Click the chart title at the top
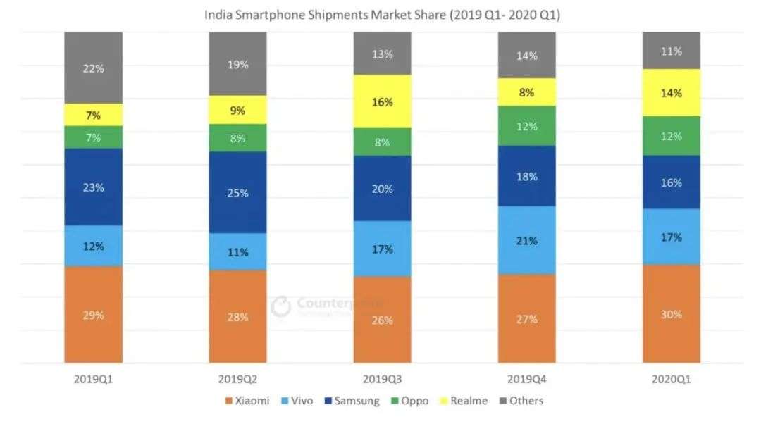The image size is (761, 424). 381,15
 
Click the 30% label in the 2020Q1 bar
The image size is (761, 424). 671,314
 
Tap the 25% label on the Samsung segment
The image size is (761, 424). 238,192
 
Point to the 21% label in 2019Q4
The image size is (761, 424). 526,240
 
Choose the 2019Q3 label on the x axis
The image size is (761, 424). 382,378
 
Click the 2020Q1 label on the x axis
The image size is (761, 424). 671,378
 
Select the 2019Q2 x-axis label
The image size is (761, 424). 237,378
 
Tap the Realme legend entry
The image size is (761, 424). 464,401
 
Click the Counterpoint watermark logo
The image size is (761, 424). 281,306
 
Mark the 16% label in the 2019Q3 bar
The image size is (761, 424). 383,102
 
